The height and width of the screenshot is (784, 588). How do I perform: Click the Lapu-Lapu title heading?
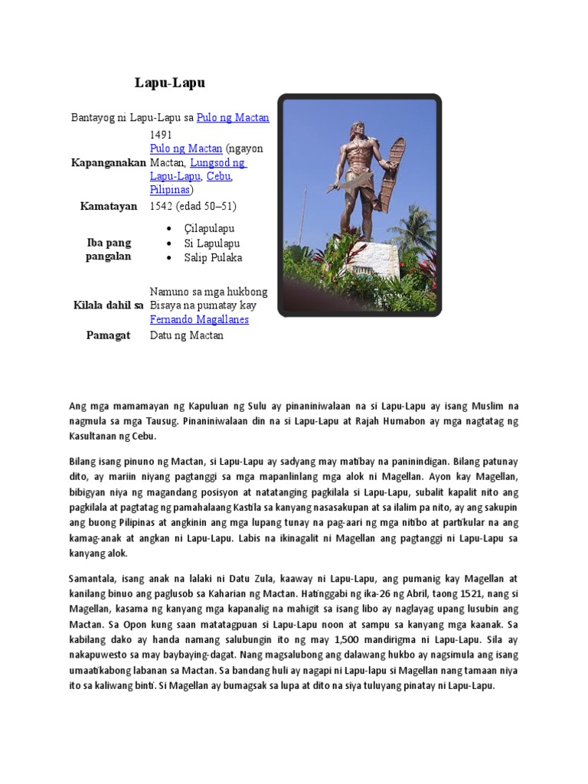(x=170, y=83)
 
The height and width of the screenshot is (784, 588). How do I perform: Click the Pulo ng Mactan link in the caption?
(x=233, y=118)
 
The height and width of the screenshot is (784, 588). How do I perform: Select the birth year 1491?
(x=162, y=134)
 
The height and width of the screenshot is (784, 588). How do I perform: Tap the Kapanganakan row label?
(x=108, y=162)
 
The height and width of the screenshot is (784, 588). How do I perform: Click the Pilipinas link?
(x=169, y=190)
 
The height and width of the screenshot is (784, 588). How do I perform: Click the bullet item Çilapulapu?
(x=209, y=229)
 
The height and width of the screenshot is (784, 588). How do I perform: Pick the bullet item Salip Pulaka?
(x=213, y=257)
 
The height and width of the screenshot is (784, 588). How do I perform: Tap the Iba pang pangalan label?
(x=109, y=250)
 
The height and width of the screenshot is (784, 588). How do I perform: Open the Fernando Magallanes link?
(x=199, y=319)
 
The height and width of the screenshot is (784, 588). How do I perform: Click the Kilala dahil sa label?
(x=109, y=305)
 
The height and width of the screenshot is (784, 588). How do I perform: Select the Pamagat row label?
(x=109, y=335)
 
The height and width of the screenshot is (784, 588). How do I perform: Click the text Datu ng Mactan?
(x=187, y=335)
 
